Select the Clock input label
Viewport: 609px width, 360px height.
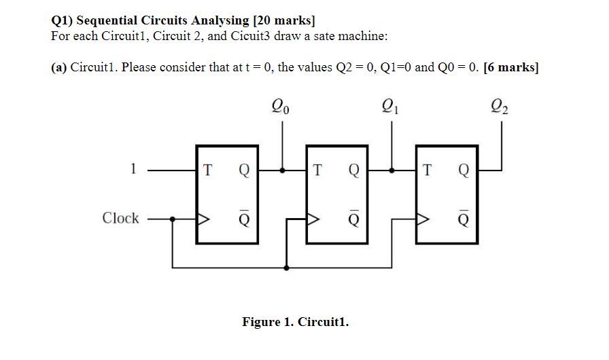[120, 218]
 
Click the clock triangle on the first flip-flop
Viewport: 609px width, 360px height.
[203, 219]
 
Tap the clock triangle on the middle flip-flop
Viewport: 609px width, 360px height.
[313, 219]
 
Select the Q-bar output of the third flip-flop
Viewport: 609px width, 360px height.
[463, 219]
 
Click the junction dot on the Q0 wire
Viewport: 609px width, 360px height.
[285, 171]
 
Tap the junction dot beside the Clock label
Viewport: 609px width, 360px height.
[173, 219]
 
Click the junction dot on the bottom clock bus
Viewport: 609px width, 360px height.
[285, 268]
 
